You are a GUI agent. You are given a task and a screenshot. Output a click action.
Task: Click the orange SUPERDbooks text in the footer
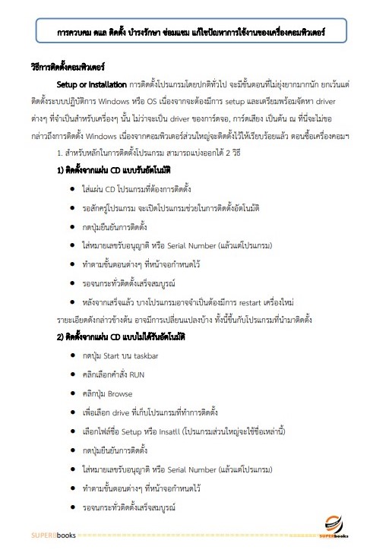click(x=52, y=540)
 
